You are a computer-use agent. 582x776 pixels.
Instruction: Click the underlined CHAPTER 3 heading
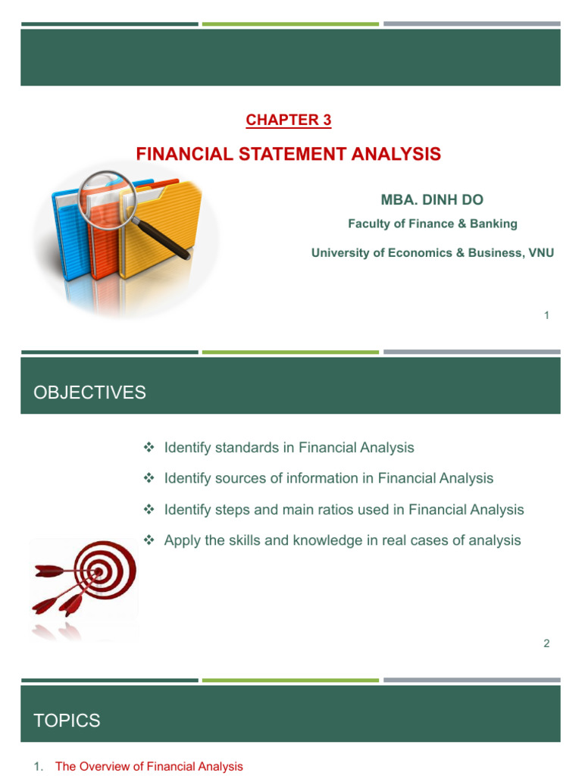[x=289, y=120]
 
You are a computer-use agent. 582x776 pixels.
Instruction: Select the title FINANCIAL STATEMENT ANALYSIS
[x=288, y=155]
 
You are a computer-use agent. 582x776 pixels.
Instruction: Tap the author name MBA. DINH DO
[x=432, y=200]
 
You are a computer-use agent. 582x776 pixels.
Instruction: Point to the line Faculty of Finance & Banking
[x=432, y=224]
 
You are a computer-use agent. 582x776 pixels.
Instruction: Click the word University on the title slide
[x=338, y=253]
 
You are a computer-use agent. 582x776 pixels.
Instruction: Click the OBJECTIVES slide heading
[x=90, y=393]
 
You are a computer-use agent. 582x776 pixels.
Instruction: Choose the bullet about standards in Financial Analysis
[x=289, y=448]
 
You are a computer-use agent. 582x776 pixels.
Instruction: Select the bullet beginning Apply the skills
[x=342, y=540]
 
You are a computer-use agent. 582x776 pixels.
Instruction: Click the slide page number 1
[x=546, y=315]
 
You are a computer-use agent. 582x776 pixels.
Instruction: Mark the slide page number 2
[x=546, y=643]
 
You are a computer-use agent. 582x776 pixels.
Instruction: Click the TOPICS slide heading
[x=67, y=721]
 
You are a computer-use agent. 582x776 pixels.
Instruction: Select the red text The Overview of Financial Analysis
[x=149, y=767]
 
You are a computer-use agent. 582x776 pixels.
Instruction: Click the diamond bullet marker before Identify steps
[x=149, y=510]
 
